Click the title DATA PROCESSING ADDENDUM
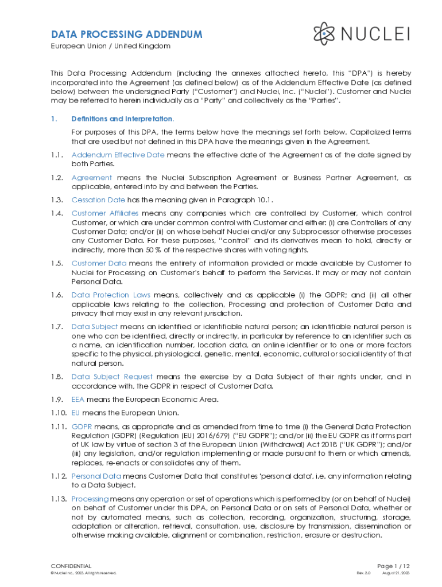click(126, 34)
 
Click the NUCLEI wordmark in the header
click(376, 34)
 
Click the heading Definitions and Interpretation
click(122, 119)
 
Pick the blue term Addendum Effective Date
click(118, 155)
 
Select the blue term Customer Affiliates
click(105, 213)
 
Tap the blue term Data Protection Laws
click(111, 295)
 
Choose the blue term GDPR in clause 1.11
click(81, 426)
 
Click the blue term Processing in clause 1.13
click(90, 499)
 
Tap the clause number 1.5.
click(56, 263)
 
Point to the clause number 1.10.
click(58, 413)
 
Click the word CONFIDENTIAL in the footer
click(71, 566)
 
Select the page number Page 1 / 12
click(393, 566)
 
